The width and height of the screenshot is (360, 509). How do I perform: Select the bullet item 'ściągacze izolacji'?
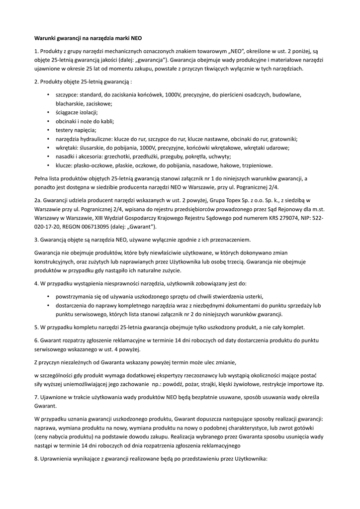[x=77, y=112]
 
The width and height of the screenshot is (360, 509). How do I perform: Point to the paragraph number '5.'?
[x=37, y=327]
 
